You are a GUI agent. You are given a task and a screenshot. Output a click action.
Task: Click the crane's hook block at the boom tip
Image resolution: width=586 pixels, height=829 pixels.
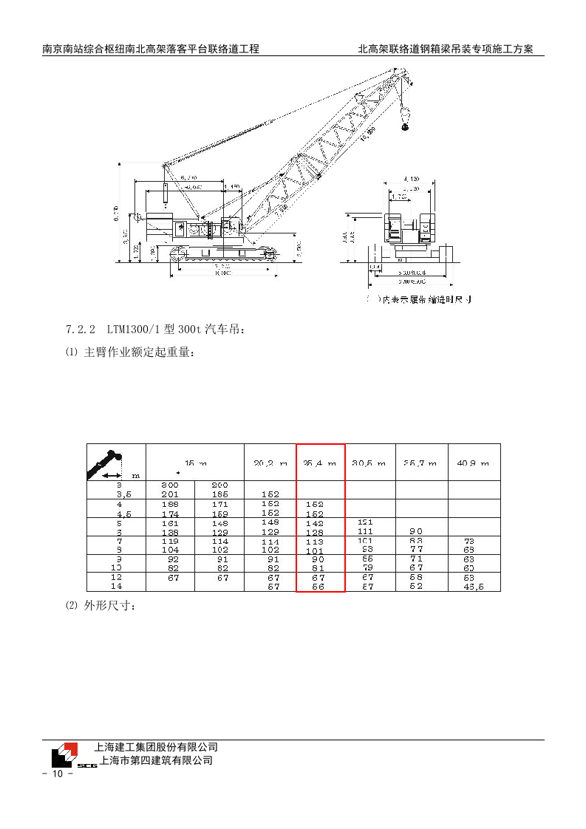coord(405,119)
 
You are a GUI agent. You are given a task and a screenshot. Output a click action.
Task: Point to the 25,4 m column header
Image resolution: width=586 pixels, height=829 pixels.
coord(320,463)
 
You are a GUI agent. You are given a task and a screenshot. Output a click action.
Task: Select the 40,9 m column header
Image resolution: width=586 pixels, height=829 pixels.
coord(474,463)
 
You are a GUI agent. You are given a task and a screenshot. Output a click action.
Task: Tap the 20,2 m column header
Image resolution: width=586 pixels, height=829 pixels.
coord(270,463)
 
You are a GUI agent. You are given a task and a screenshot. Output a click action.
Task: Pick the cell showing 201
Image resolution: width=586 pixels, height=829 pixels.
coord(170,494)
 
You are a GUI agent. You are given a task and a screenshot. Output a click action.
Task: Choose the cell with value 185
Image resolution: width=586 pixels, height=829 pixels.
coord(219,494)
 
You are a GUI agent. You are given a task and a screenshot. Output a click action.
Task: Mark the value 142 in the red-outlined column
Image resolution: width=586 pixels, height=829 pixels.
coord(315,522)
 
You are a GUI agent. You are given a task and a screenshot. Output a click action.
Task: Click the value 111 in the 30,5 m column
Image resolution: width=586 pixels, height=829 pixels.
coord(365,531)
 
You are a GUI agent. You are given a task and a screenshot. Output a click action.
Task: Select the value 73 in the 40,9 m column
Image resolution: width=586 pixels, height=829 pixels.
coord(469,541)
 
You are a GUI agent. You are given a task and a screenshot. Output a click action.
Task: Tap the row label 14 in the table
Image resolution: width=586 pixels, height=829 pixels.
coord(116,586)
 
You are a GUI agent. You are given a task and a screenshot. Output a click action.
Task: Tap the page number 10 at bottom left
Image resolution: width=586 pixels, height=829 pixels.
coord(58,774)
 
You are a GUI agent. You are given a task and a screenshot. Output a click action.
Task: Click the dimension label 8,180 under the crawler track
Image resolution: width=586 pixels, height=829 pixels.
coord(222,273)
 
